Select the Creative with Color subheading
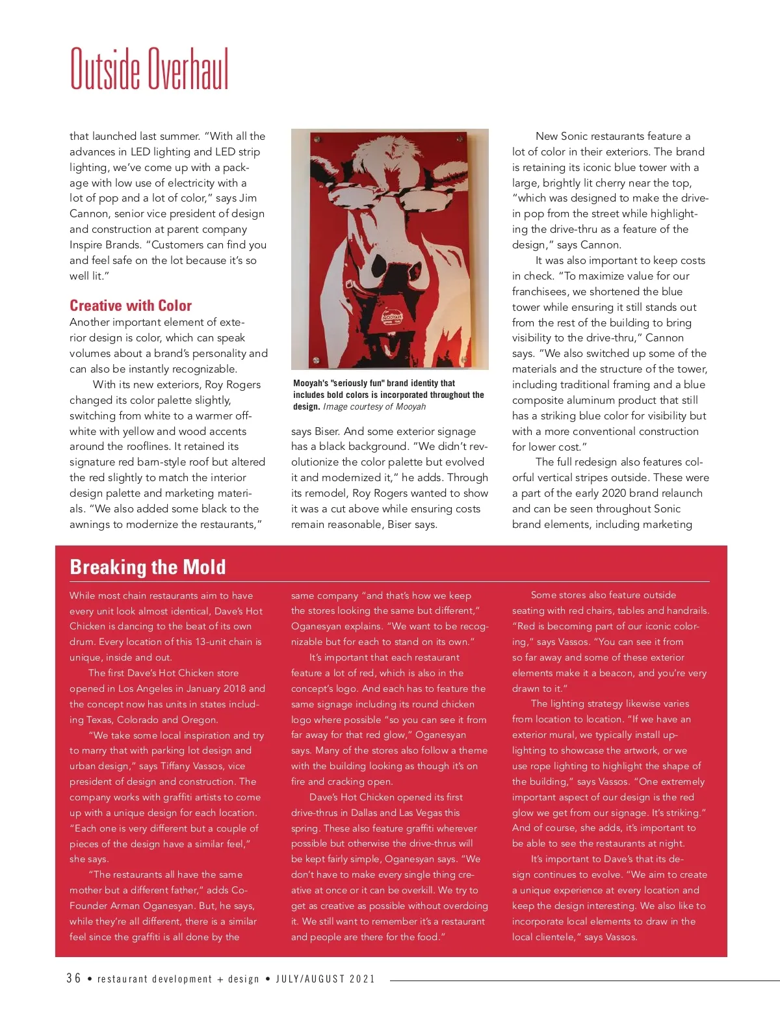(131, 306)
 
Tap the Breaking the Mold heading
(148, 567)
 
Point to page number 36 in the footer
(73, 979)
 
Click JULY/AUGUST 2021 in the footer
(326, 979)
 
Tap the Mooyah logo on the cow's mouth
(392, 318)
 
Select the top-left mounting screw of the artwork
(317, 140)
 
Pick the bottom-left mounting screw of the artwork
(316, 360)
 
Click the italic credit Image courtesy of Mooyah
(374, 407)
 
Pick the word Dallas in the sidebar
(370, 813)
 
